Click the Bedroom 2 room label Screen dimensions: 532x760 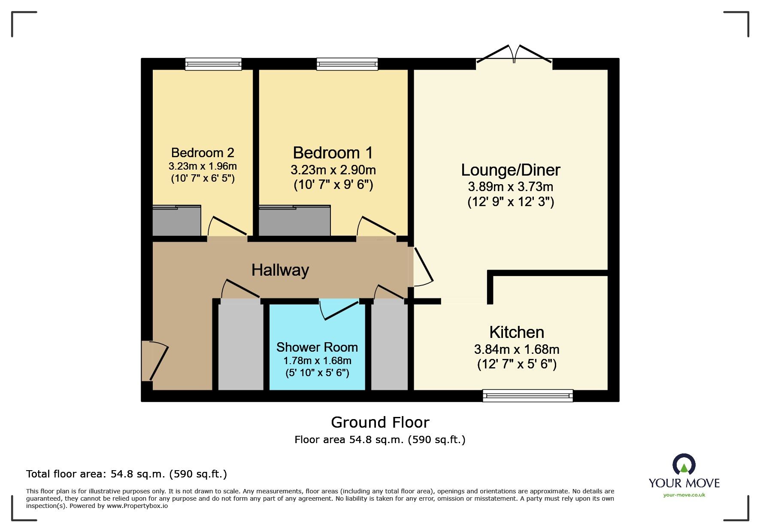(x=203, y=153)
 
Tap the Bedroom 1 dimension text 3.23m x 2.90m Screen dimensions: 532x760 (x=333, y=170)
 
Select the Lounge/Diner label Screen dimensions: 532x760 (x=510, y=170)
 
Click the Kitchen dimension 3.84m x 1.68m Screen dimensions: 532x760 (x=516, y=350)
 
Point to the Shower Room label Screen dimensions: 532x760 (x=317, y=347)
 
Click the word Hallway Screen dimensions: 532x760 (x=280, y=270)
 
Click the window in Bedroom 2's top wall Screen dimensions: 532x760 (x=213, y=64)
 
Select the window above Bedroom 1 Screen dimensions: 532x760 (x=347, y=64)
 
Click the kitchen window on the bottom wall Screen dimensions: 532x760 (x=527, y=395)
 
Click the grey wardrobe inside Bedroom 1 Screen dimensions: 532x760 (x=294, y=222)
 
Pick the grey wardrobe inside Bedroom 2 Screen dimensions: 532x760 (x=177, y=222)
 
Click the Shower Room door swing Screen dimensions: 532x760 (x=339, y=310)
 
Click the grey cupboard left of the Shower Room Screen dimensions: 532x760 (x=241, y=346)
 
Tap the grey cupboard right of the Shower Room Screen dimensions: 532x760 (x=389, y=346)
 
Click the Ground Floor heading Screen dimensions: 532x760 (x=380, y=423)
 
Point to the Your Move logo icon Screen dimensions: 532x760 (x=684, y=465)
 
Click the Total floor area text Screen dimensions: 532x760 (x=127, y=474)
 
